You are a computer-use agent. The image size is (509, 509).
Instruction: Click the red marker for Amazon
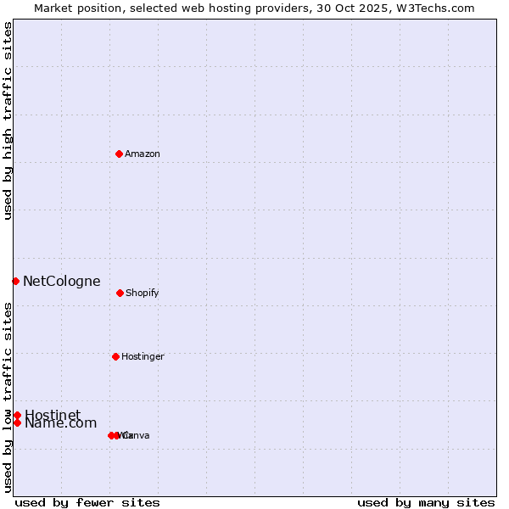click(x=119, y=154)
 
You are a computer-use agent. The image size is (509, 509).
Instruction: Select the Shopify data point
click(x=120, y=293)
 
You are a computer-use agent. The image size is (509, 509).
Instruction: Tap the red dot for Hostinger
click(x=115, y=356)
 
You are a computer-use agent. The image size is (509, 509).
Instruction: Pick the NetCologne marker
click(x=15, y=281)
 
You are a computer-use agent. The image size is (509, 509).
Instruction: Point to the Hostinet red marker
click(x=17, y=415)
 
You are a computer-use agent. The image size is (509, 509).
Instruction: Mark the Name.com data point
click(x=17, y=422)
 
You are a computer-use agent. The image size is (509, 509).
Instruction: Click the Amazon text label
click(x=143, y=154)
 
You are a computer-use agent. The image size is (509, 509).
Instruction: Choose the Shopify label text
click(x=143, y=293)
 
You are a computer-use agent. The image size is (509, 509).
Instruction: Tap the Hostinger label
click(x=143, y=356)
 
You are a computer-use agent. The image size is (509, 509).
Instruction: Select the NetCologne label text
click(x=62, y=281)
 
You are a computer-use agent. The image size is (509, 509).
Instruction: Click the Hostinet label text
click(x=53, y=415)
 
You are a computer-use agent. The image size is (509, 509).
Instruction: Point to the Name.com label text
click(x=60, y=423)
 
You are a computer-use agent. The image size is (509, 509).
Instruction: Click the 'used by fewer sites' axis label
click(x=87, y=502)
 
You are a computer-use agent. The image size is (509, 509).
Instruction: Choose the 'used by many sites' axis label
click(x=426, y=502)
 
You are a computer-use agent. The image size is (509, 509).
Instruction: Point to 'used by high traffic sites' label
click(x=8, y=120)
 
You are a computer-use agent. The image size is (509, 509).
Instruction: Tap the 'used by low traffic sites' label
click(x=8, y=397)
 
